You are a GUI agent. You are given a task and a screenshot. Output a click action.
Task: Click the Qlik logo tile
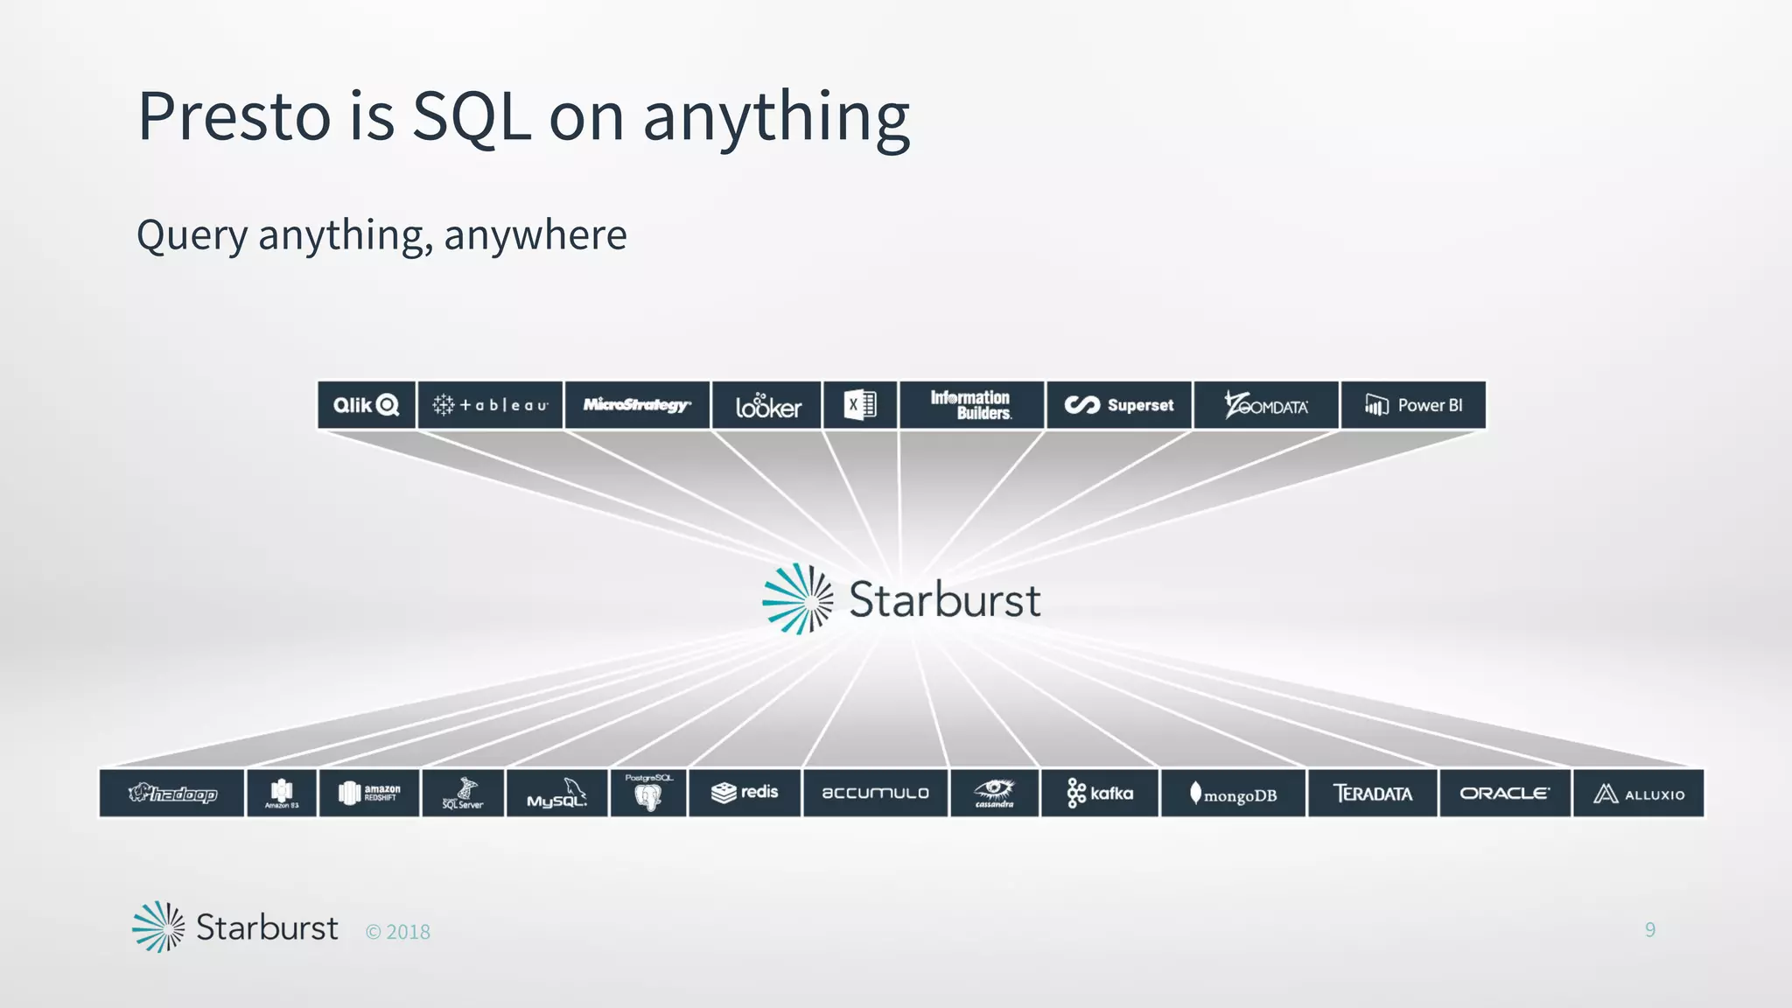tap(366, 405)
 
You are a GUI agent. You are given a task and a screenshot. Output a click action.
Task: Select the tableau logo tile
tap(490, 405)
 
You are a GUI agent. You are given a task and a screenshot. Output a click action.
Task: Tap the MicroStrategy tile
tap(637, 405)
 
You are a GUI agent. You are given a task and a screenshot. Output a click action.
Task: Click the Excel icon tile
tap(860, 405)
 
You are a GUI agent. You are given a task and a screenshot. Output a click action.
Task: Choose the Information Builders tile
tap(971, 405)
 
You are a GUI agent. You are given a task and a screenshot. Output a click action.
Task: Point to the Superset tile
tap(1119, 405)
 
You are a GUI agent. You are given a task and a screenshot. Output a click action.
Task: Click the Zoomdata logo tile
tap(1266, 405)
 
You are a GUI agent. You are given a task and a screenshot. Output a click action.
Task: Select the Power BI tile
tap(1413, 405)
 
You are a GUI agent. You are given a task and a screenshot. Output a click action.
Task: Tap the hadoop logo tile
tap(171, 794)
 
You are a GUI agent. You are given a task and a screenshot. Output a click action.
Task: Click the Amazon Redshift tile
tap(369, 794)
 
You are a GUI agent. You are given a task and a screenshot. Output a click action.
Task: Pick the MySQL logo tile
tap(556, 794)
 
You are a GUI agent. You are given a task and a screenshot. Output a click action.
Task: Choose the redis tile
tap(745, 793)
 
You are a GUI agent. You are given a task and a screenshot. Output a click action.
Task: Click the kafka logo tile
tap(1100, 794)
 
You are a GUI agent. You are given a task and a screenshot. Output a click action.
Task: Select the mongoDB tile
tap(1233, 794)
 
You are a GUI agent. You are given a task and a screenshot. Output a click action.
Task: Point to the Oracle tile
tap(1504, 794)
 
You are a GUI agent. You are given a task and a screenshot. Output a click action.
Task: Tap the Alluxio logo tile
tap(1638, 794)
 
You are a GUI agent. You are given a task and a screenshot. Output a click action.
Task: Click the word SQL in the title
tap(471, 116)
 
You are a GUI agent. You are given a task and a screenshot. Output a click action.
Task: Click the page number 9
tap(1649, 929)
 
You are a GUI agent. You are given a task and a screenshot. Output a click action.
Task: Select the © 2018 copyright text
tap(398, 932)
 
